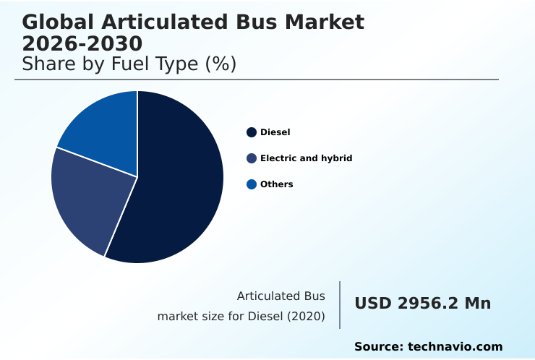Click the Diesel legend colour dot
click(x=252, y=132)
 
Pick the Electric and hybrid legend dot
click(x=252, y=158)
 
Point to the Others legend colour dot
click(x=252, y=184)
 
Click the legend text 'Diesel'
click(x=275, y=132)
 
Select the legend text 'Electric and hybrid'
click(x=306, y=158)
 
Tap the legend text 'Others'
click(x=276, y=184)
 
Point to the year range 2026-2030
click(x=82, y=43)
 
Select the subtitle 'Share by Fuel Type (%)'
click(x=129, y=64)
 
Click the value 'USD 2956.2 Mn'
click(x=422, y=304)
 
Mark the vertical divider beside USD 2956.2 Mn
click(x=340, y=305)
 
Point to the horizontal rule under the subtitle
click(x=257, y=80)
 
